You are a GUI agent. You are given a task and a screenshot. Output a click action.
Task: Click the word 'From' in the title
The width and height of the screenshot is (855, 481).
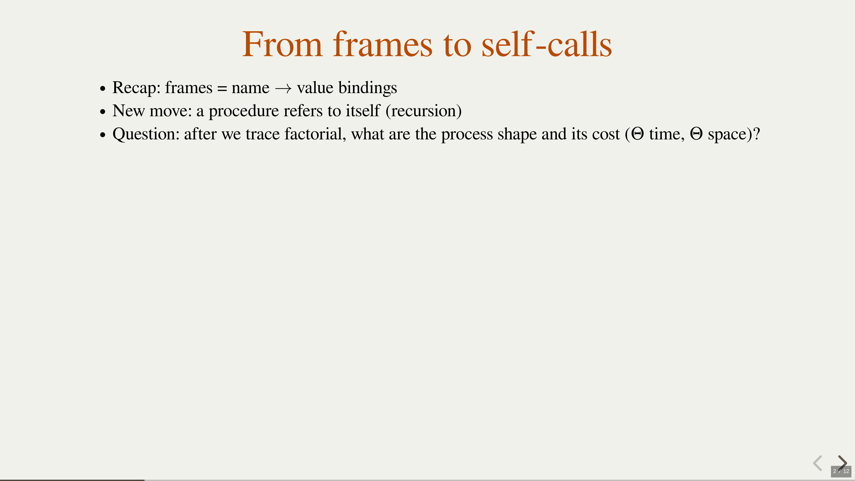click(282, 44)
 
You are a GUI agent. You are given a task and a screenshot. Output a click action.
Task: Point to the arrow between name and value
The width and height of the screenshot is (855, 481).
click(283, 89)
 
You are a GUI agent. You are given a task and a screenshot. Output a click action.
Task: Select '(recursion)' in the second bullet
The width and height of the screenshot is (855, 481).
click(423, 111)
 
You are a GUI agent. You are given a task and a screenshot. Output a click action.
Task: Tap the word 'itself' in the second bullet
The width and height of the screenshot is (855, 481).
click(363, 110)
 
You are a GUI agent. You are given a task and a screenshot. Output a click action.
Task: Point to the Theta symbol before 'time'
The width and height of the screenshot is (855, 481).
click(638, 134)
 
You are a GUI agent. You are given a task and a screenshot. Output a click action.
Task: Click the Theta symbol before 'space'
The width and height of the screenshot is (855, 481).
click(696, 134)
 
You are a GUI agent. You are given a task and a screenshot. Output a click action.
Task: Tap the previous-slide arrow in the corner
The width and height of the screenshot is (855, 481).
click(818, 463)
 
